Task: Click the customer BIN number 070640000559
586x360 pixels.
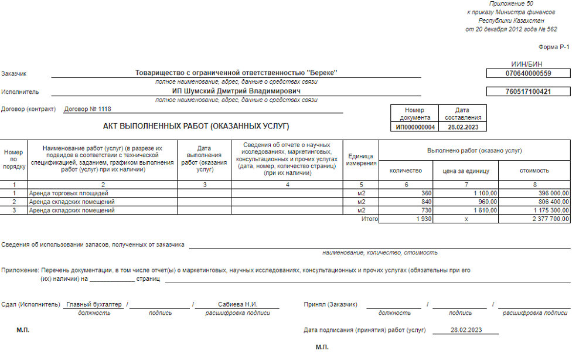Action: [x=529, y=73]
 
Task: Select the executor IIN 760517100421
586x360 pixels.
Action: [x=529, y=92]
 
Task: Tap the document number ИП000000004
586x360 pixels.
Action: [x=415, y=127]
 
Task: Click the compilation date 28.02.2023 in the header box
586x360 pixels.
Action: [x=462, y=127]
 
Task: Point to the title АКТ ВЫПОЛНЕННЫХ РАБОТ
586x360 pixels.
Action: [x=196, y=126]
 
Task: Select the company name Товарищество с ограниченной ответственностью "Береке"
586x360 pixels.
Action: [x=236, y=73]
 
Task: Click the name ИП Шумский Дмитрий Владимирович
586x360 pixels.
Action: [x=236, y=91]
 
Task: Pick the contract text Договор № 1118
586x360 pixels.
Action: [x=87, y=109]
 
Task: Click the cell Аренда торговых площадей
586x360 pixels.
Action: [x=69, y=193]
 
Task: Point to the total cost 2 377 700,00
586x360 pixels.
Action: [x=548, y=219]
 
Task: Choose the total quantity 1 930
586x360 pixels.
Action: [x=422, y=219]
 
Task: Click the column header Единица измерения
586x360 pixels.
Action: [x=360, y=159]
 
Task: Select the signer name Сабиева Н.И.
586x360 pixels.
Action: [x=237, y=305]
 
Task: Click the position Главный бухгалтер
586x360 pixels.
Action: [x=94, y=305]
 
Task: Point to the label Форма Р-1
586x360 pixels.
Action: [x=553, y=47]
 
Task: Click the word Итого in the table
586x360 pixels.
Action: [x=370, y=219]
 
